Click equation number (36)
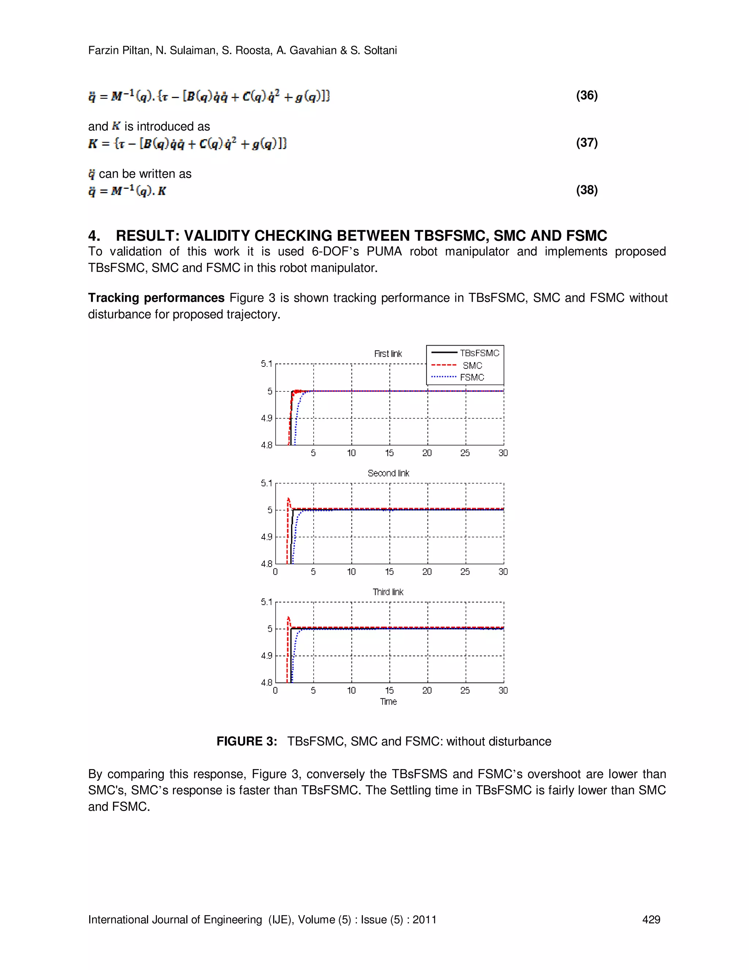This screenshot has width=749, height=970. pos(587,96)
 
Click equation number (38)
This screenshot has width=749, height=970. pos(587,190)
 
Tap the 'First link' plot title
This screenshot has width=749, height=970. pos(388,354)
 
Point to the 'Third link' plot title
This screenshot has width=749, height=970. pos(388,592)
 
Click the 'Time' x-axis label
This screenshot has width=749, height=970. pos(388,702)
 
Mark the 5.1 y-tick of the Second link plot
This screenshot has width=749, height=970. pos(267,483)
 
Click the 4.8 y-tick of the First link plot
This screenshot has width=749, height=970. pos(267,445)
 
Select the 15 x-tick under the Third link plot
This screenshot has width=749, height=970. pos(389,691)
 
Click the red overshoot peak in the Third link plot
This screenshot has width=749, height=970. pos(289,618)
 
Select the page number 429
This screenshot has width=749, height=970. pos(651,920)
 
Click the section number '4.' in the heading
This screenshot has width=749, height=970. pos(94,235)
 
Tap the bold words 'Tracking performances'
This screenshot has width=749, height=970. pos(156,298)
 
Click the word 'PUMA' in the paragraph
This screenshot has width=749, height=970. pos(384,251)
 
